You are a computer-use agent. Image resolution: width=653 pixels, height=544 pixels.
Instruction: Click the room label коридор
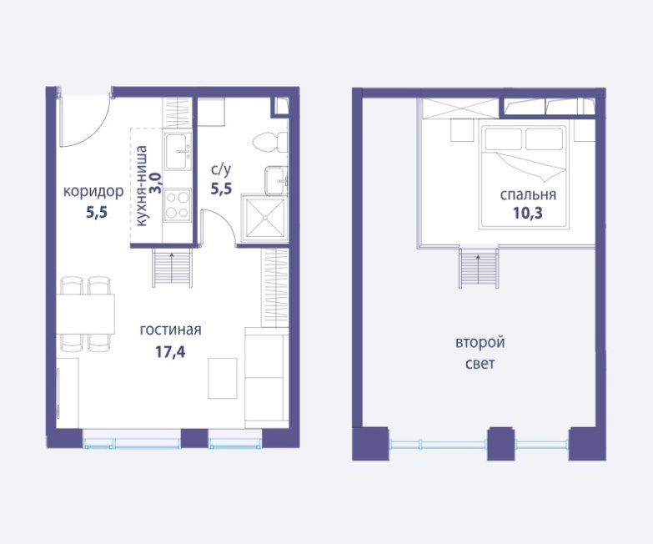click(93, 192)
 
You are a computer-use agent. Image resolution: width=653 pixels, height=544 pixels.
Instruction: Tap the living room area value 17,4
click(170, 352)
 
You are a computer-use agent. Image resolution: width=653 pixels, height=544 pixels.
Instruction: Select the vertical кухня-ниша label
click(142, 185)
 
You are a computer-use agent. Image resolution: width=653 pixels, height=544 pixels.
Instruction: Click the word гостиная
click(170, 330)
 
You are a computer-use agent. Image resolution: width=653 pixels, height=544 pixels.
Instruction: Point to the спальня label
click(528, 194)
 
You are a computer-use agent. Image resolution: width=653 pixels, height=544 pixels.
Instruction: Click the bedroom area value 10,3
click(528, 214)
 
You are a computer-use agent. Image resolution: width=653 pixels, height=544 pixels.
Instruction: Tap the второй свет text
click(480, 353)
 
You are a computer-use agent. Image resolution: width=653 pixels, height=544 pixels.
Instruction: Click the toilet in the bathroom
click(271, 143)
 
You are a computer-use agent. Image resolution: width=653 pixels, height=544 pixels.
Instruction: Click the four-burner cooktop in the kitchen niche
click(178, 204)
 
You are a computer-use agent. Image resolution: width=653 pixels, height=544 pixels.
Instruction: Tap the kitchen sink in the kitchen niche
click(178, 151)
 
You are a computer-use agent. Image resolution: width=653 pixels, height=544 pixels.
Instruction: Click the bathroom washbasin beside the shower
click(277, 180)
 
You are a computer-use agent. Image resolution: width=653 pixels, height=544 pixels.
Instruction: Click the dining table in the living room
click(85, 314)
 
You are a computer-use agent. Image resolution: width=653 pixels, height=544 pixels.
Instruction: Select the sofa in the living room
click(267, 377)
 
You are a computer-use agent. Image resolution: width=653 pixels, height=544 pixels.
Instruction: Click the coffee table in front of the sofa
click(223, 378)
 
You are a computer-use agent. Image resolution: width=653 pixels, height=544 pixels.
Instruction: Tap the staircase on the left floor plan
click(173, 268)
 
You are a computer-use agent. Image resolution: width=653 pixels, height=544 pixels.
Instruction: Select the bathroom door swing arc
click(225, 221)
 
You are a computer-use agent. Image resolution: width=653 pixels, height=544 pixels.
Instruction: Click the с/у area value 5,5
click(221, 189)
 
